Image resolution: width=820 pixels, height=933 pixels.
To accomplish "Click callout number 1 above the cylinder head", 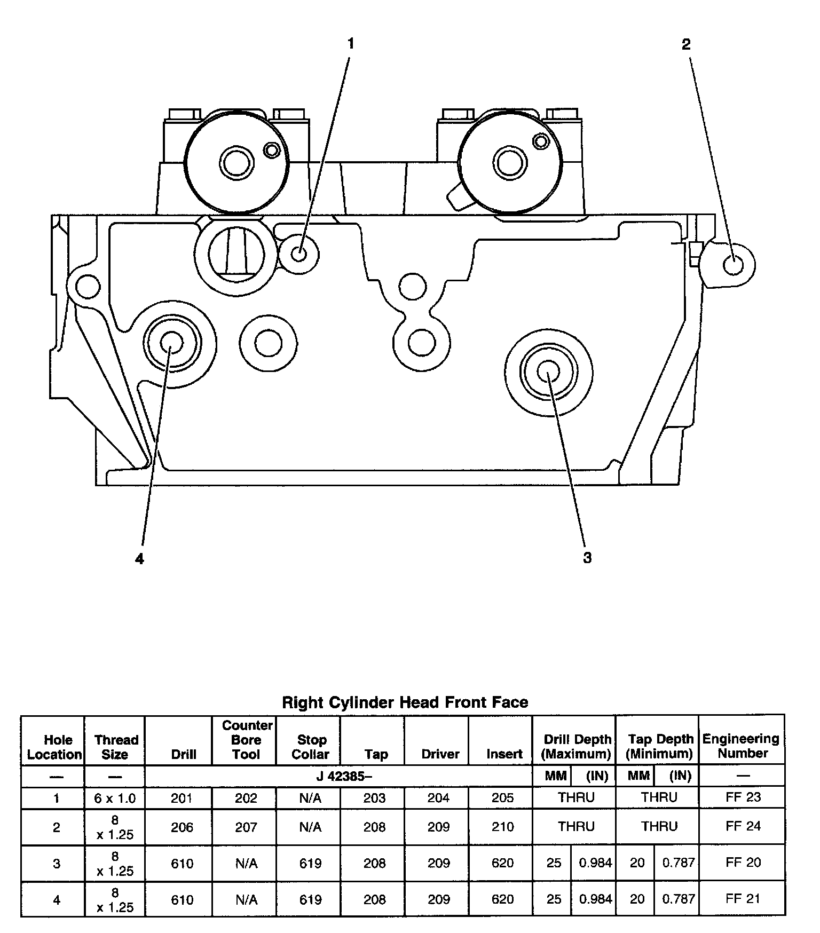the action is tap(351, 44).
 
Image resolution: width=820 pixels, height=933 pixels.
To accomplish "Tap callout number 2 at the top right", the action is tap(686, 44).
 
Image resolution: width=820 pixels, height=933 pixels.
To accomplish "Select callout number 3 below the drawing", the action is tap(587, 558).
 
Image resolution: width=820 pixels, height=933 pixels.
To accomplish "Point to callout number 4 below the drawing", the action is tap(139, 559).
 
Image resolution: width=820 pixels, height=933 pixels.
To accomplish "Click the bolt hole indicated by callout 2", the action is tap(734, 265).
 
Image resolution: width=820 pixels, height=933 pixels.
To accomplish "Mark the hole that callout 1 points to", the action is tap(299, 254).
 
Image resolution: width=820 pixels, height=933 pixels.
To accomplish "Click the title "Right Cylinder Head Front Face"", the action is tap(405, 702).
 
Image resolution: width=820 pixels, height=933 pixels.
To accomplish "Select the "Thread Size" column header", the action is tap(115, 747).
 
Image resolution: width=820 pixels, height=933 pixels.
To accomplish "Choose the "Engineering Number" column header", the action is tap(742, 746).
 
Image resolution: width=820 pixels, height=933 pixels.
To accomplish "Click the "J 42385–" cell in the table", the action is tap(344, 776).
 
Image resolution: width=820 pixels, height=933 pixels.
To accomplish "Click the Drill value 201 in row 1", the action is tap(182, 798).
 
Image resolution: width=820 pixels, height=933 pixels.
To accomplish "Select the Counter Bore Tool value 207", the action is tap(246, 827).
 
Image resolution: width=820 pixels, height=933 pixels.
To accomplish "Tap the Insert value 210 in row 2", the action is tap(502, 827).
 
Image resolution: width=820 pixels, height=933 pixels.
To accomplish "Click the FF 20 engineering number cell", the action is tap(743, 863).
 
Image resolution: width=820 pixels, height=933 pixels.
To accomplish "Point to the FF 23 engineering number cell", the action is tap(743, 797).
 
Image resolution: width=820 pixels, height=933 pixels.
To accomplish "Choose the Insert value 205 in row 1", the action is tap(502, 798).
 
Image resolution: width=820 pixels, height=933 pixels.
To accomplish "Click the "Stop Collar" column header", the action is tap(311, 747).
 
